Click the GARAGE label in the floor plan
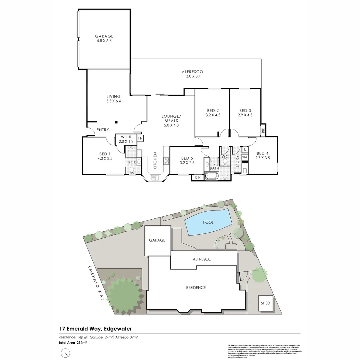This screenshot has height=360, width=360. pos(104,36)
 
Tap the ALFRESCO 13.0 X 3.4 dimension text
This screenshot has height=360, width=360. pos(192,76)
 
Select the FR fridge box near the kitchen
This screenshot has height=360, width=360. pos(140,138)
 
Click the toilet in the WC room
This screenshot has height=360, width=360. pos(225,162)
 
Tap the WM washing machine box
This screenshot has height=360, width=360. pos(244,157)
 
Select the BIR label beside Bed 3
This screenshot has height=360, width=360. pos(263,130)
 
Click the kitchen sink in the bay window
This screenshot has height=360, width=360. pos(155,178)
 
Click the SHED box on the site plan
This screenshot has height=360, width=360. pos(265,303)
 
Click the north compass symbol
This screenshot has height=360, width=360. pos(67,352)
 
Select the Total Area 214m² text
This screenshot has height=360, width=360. pos(73,343)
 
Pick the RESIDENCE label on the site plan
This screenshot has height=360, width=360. pos(196,288)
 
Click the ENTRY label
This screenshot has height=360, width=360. pos(102,130)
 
